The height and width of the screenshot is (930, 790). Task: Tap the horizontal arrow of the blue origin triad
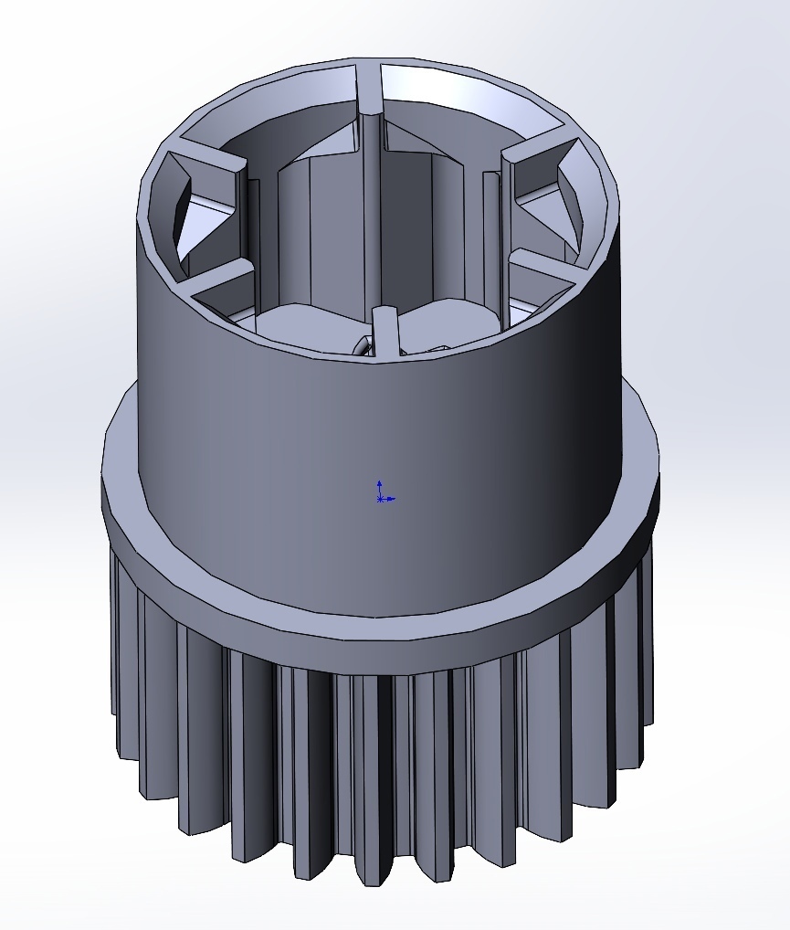click(390, 499)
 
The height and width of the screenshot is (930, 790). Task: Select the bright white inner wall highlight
click(475, 91)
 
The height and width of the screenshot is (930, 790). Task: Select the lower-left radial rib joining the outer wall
click(219, 278)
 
